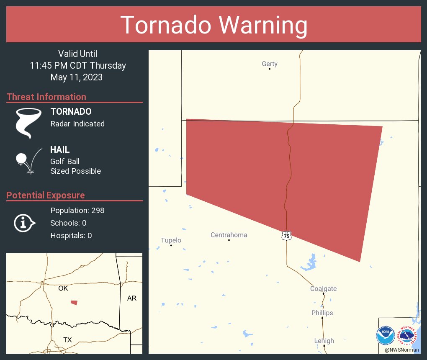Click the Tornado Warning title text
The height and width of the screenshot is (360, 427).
[214, 25]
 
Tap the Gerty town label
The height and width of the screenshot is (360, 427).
[270, 64]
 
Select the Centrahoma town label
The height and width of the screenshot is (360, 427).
[229, 235]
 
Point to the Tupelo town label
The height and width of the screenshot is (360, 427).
[171, 240]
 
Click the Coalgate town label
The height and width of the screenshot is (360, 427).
[323, 289]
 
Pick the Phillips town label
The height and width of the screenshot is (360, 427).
[322, 313]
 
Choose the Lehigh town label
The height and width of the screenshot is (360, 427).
[324, 341]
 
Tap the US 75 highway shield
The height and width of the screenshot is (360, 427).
[286, 236]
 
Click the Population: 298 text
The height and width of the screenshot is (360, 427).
[77, 210]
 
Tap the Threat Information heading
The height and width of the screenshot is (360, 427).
[46, 97]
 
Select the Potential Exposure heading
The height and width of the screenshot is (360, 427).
[46, 195]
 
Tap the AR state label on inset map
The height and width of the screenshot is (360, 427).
[131, 298]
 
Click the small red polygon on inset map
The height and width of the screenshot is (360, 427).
[74, 302]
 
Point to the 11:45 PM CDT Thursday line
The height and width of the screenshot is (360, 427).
[78, 66]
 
